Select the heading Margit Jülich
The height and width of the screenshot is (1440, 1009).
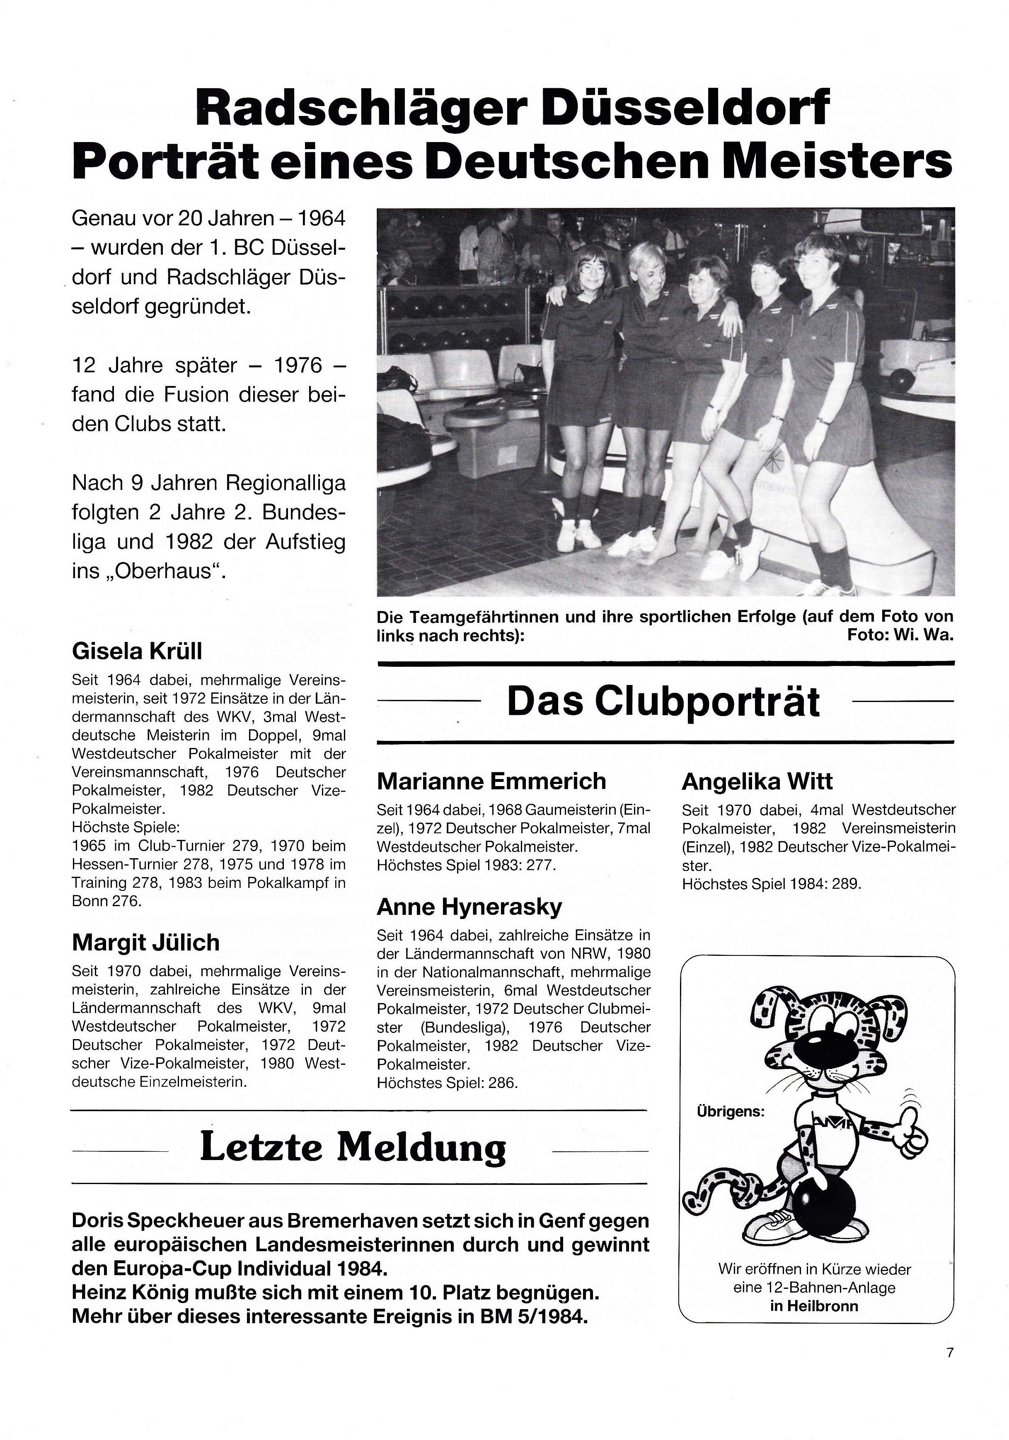[145, 943]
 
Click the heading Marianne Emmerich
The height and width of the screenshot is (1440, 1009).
[491, 782]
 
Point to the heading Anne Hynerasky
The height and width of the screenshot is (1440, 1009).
[469, 907]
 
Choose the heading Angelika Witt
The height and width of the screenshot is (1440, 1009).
[757, 782]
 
